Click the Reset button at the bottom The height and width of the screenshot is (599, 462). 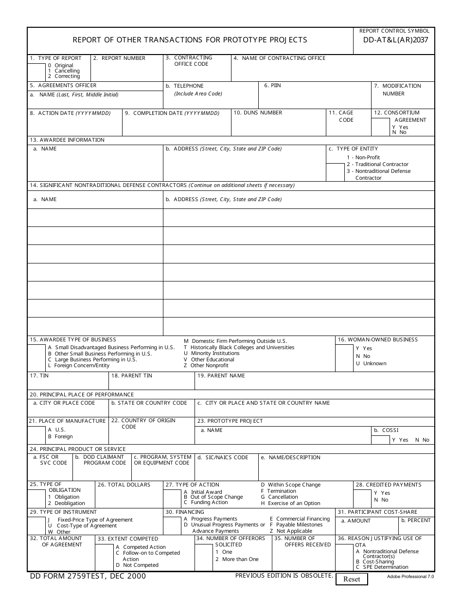tap(352, 579)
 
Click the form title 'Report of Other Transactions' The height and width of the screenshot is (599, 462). tap(190, 40)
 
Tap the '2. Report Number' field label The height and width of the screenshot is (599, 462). tap(119, 58)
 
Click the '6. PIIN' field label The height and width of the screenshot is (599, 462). tap(272, 86)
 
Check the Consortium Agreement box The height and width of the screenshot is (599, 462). tap(381, 127)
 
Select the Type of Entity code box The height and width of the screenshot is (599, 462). tap(335, 172)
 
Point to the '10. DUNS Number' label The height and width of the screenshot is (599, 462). tap(258, 113)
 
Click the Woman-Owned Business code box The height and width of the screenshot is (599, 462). tap(344, 358)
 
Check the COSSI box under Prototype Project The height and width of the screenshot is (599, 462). tap(380, 439)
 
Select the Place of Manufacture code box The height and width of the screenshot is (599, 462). tap(36, 435)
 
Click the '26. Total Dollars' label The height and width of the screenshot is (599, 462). tap(124, 485)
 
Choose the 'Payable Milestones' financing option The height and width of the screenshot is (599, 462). tap(299, 525)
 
